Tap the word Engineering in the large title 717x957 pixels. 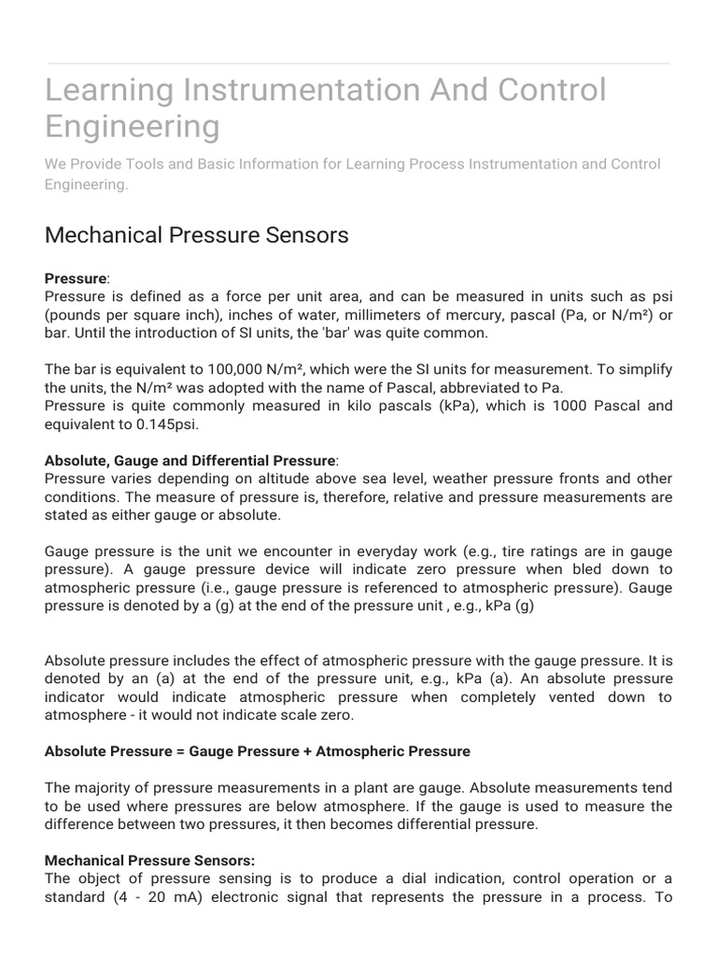(133, 127)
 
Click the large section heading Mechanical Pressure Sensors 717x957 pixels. (196, 235)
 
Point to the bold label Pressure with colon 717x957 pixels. (76, 279)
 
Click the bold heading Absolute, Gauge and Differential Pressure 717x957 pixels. (190, 461)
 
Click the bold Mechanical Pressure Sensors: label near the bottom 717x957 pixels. (149, 860)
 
